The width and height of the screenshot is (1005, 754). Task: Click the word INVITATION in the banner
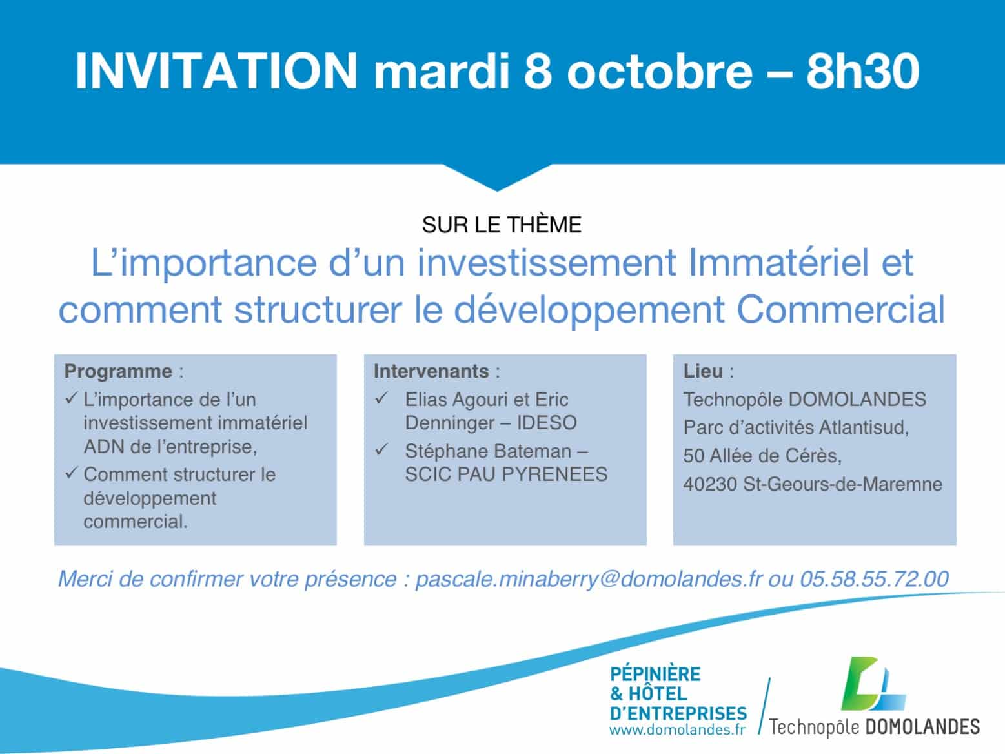[x=216, y=71]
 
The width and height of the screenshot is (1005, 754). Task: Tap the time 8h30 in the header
[x=862, y=71]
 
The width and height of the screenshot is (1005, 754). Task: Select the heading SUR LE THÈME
[x=502, y=224]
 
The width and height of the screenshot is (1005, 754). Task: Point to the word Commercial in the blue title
[x=840, y=309]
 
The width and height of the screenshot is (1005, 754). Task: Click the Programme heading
[x=118, y=371]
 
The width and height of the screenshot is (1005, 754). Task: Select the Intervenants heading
[x=431, y=371]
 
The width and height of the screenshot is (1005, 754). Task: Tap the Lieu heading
[x=704, y=371]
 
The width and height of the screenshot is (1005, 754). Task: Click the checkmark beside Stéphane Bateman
[x=381, y=449]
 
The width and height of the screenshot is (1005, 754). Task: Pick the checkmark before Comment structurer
[x=72, y=473]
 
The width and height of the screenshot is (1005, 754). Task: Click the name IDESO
[x=547, y=423]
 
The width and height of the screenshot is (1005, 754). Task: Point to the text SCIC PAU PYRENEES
[x=507, y=474]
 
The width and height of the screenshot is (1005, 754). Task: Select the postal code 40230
[x=710, y=484]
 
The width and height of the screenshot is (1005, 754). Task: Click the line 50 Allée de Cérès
[x=762, y=456]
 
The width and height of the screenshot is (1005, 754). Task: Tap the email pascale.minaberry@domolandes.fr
[x=589, y=579]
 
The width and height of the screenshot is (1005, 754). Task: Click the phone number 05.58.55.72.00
[x=874, y=579]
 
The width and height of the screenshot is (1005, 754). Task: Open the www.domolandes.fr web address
[x=678, y=729]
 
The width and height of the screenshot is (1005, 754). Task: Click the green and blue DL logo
[x=873, y=684]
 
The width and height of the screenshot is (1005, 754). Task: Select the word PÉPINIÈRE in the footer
[x=655, y=675]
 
